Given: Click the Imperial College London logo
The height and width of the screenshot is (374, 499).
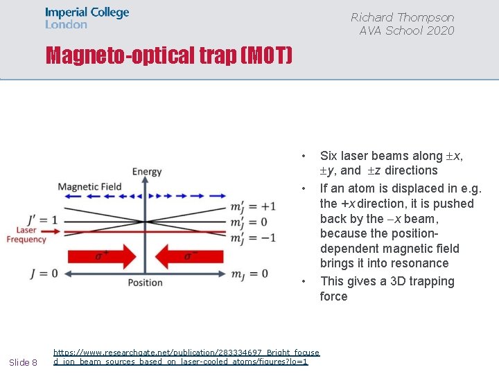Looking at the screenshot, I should (87, 18).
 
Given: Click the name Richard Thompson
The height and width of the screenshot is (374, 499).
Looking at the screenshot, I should (402, 17).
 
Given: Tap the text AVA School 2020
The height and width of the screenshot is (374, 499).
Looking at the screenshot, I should (406, 30).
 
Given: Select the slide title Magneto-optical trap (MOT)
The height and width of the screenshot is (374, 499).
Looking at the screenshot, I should (169, 55).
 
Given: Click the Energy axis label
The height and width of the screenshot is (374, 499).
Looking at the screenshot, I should (146, 172).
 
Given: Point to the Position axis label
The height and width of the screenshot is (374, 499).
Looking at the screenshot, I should (146, 283).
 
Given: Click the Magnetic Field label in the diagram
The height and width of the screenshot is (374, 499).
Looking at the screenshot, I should (89, 186).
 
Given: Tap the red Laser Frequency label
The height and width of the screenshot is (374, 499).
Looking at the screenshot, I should (26, 235).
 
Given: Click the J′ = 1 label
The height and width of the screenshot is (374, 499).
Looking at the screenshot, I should (43, 220).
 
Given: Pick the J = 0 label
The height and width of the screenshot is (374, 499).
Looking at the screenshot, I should (44, 273).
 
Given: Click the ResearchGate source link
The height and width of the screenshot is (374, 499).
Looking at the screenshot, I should (186, 357).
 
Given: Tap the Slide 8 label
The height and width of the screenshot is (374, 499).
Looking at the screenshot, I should (23, 362).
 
